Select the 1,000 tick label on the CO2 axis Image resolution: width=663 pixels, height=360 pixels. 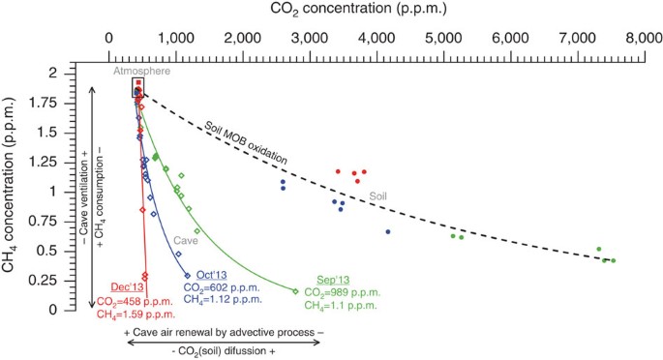coord(175,40)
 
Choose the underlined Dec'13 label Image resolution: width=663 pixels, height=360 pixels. coord(125,287)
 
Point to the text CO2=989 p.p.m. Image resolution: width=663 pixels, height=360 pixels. coord(340,292)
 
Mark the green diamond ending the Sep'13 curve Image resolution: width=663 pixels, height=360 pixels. coord(295,290)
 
